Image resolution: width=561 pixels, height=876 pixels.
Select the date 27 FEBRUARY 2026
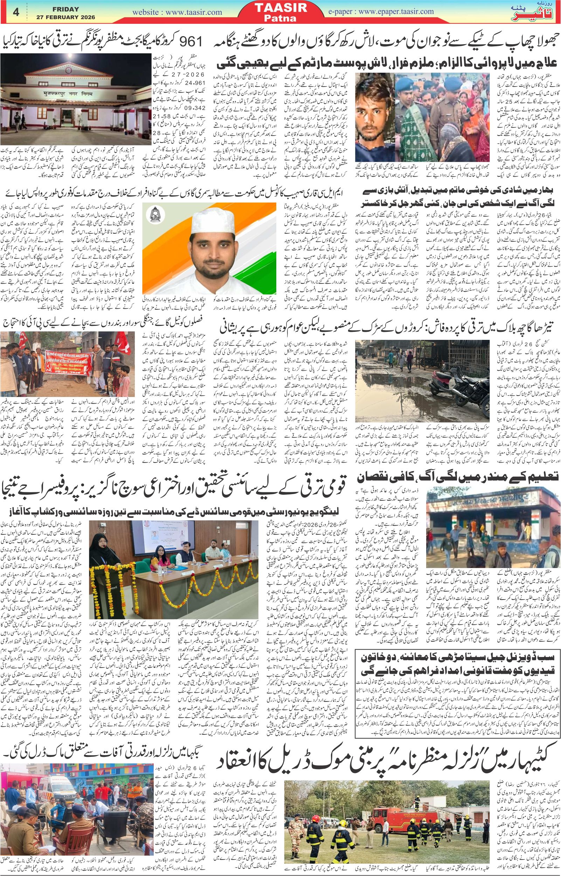[x=65, y=17]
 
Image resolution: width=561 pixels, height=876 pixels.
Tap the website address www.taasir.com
[x=177, y=12]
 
